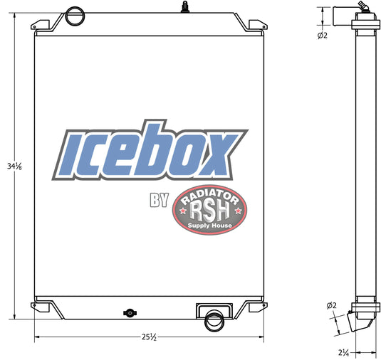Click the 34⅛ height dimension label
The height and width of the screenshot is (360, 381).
coord(14,166)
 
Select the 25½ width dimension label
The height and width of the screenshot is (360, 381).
coord(148,337)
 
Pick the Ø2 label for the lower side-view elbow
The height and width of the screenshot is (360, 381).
coord(330,305)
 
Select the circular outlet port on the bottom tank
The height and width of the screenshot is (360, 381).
coord(213,322)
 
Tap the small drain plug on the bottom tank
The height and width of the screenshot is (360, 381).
coord(129,312)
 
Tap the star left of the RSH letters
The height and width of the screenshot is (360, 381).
coord(185,211)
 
